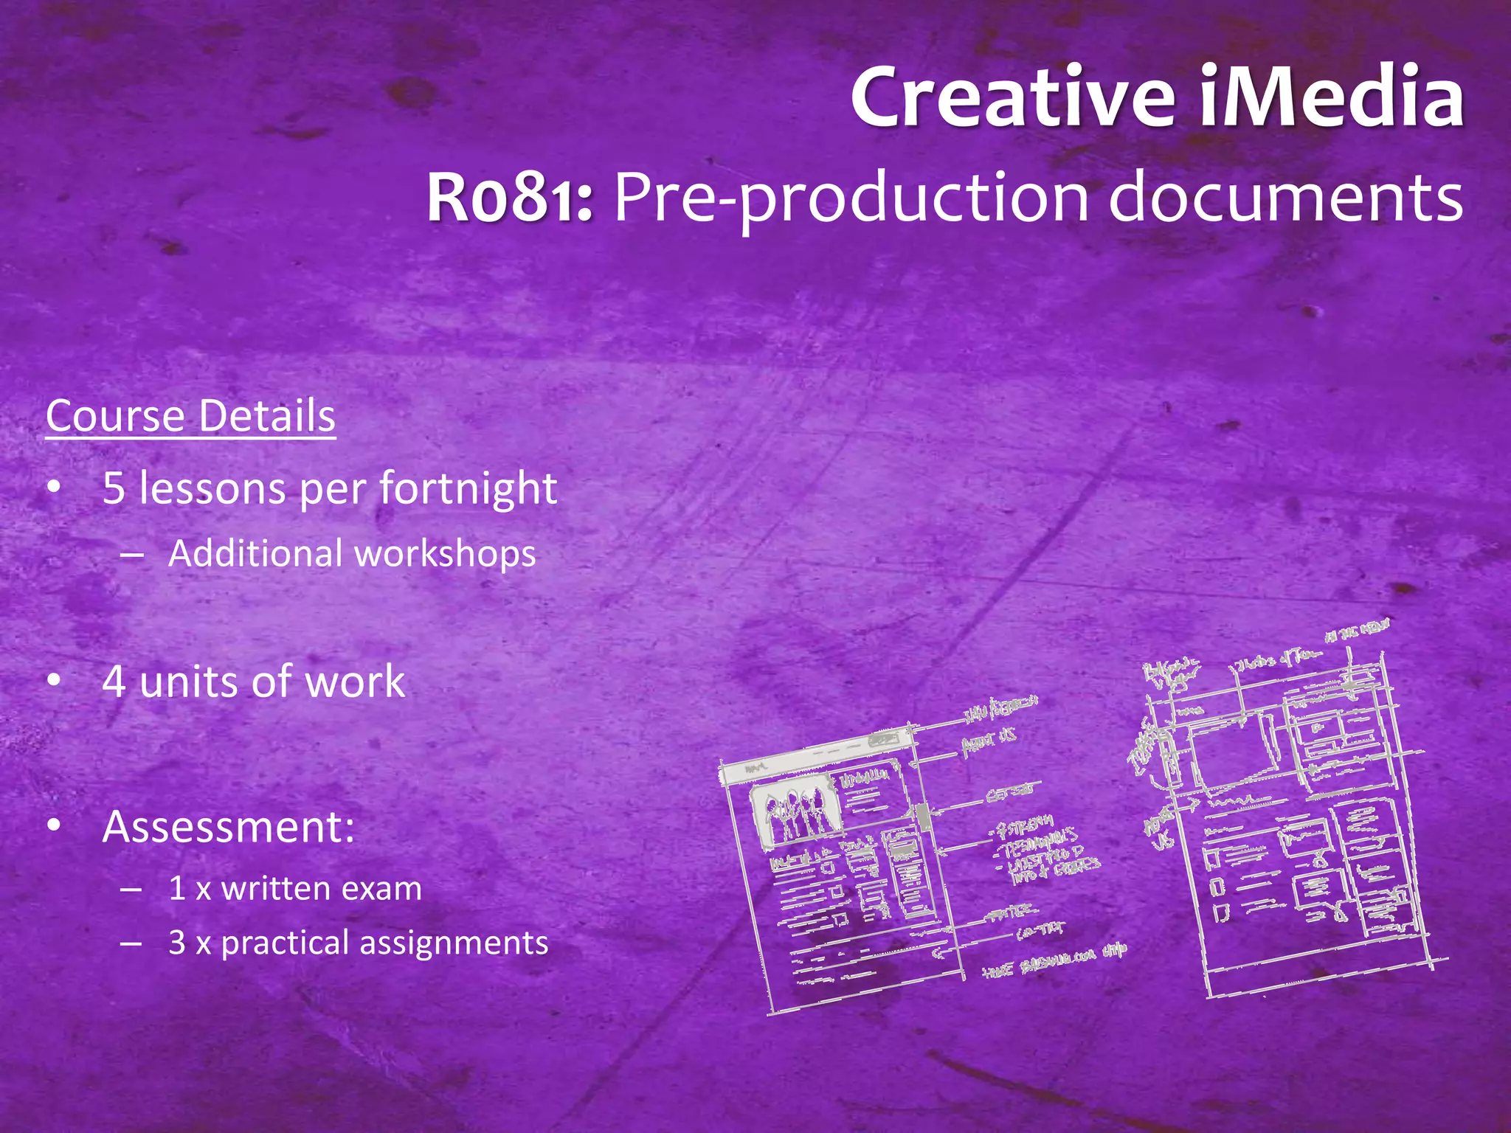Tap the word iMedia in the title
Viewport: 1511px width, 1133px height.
1332,97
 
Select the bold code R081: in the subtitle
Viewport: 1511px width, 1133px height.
510,198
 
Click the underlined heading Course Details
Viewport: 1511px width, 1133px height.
190,416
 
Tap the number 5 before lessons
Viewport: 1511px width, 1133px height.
114,488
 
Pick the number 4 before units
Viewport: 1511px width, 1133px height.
114,682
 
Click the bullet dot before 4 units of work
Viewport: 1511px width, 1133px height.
54,682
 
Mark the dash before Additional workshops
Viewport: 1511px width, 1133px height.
131,555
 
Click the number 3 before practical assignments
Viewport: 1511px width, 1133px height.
177,943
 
